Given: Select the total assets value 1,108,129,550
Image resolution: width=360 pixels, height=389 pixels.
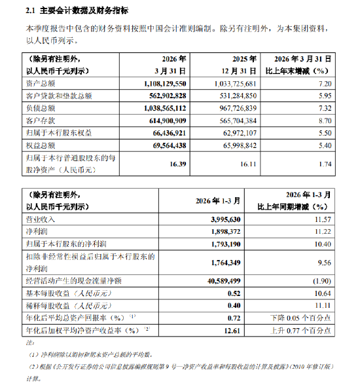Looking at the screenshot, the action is click(x=160, y=84).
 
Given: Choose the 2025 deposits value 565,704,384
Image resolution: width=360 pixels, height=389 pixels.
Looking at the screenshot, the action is click(x=239, y=120).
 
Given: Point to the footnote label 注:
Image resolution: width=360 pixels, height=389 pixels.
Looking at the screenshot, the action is click(x=28, y=342).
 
